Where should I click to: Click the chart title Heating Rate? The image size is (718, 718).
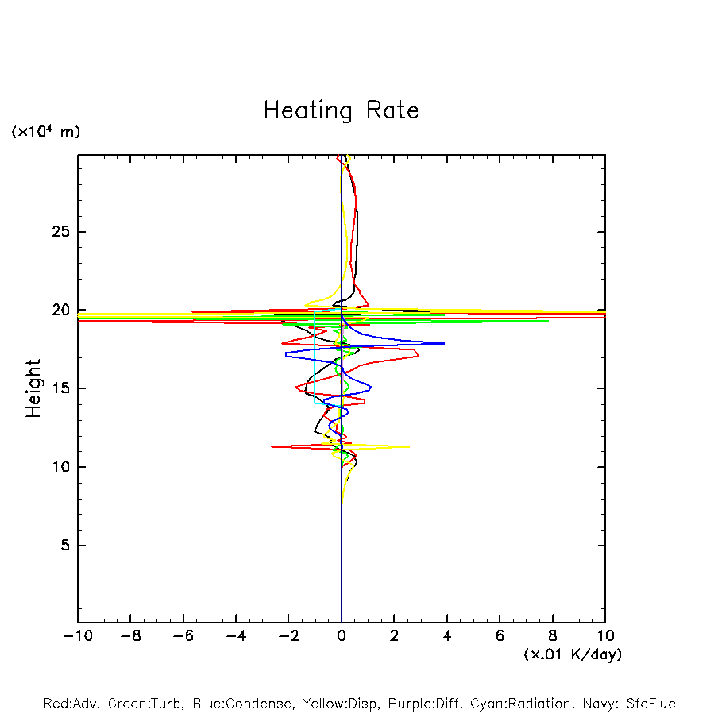coord(341,110)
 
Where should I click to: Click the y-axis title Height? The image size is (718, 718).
coord(33,388)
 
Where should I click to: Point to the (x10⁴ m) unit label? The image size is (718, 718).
coord(46,132)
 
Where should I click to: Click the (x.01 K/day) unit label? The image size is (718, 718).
coord(573,654)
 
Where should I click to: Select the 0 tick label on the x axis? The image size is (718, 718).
coord(342,636)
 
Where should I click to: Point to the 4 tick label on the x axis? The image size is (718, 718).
coord(447,636)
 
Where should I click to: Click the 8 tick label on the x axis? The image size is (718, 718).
coord(553,636)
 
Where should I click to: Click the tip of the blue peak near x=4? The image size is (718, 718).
coord(444,343)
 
